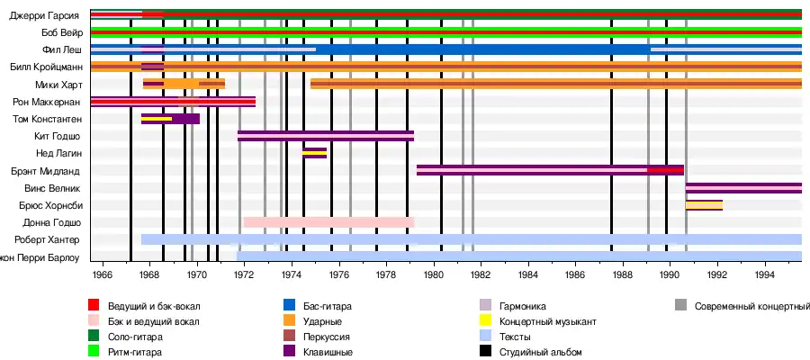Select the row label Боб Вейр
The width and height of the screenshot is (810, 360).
coord(60,32)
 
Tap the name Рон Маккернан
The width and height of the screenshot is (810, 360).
coord(48,102)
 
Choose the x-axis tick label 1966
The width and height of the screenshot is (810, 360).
coord(102,274)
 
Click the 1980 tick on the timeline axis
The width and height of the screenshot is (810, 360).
coord(433,274)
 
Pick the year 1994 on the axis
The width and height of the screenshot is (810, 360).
coord(764,274)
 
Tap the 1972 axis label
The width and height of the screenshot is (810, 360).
coord(244,274)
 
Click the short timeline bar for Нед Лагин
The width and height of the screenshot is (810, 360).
coord(314,153)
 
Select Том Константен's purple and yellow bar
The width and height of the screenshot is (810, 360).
coord(170,119)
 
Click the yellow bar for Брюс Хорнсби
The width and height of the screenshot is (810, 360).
coord(703,205)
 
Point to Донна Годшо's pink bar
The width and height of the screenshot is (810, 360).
coord(328,222)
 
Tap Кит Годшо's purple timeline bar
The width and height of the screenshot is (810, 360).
coord(325,136)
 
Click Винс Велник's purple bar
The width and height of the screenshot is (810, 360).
coord(742,188)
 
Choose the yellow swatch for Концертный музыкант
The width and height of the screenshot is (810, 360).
coord(485,321)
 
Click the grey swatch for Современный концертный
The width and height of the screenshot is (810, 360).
coord(679,306)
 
